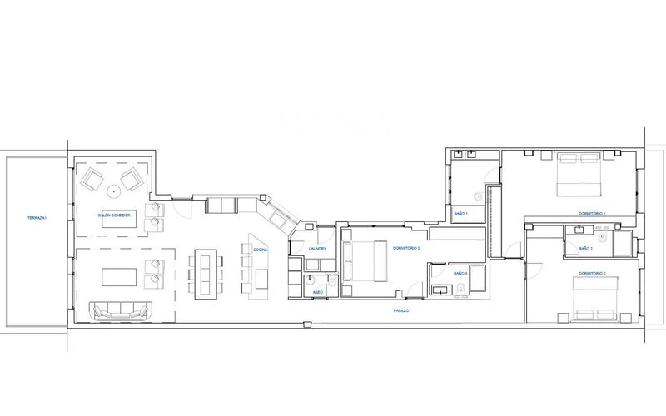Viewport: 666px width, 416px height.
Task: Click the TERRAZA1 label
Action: pyautogui.click(x=37, y=218)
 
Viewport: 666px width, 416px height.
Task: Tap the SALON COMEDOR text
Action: pyautogui.click(x=113, y=215)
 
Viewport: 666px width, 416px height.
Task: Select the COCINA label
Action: pyautogui.click(x=261, y=249)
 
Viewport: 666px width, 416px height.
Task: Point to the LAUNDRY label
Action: pyautogui.click(x=316, y=249)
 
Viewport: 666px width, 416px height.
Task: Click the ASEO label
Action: pyautogui.click(x=318, y=292)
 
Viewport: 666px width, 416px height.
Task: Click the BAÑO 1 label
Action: pyautogui.click(x=461, y=214)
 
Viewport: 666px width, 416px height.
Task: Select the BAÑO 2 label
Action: pyautogui.click(x=585, y=248)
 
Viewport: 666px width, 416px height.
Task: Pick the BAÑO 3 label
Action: pyautogui.click(x=460, y=273)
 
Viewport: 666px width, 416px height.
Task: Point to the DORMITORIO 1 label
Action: pyautogui.click(x=592, y=214)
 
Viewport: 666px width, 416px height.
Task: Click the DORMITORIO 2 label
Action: pyautogui.click(x=592, y=273)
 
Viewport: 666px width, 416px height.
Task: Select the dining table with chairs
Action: pyautogui.click(x=205, y=273)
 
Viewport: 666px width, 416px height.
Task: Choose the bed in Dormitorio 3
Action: pyautogui.click(x=363, y=261)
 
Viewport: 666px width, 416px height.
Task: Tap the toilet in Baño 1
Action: pyautogui.click(x=478, y=196)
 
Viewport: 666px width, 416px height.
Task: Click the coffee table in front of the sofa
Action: pyautogui.click(x=124, y=276)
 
